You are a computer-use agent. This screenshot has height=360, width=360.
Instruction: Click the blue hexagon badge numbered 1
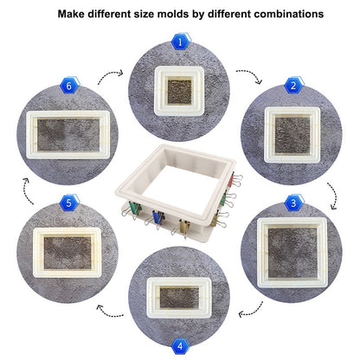point(181,42)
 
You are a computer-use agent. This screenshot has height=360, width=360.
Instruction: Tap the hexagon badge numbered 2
point(293,86)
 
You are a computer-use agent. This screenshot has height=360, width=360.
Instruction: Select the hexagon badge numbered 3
point(293,203)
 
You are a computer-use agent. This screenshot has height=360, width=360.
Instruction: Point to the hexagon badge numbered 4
point(181,345)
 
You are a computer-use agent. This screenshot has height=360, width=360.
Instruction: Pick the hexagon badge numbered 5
point(69,203)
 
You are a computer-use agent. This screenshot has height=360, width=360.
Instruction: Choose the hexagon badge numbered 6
point(69,86)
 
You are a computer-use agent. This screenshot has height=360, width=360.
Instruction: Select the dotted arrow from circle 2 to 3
point(335,195)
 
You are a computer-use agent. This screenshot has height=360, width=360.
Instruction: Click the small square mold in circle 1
point(179,91)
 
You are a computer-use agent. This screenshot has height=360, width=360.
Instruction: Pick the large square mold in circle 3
point(292,253)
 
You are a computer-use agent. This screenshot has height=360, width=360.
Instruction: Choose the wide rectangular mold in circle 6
point(67,135)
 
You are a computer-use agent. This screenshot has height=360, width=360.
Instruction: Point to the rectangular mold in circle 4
point(179,298)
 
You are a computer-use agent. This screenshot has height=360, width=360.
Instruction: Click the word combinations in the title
point(289,14)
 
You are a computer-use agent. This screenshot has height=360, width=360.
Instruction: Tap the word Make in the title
point(71,14)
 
